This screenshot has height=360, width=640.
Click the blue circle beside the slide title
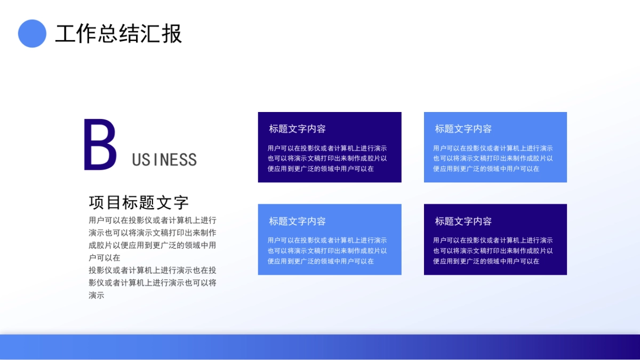click(32, 34)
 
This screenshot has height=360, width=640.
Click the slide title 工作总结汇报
click(118, 34)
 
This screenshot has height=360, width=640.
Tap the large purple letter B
click(100, 145)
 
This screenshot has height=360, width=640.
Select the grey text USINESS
click(164, 159)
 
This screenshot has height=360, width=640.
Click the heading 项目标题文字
click(139, 203)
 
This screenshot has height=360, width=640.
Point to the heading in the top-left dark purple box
click(297, 129)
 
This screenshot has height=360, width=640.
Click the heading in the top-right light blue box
click(463, 129)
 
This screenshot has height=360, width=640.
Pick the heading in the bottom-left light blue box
click(297, 221)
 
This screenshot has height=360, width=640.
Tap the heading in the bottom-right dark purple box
click(463, 221)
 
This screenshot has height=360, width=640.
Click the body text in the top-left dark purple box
click(327, 158)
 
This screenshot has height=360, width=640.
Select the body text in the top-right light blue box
click(493, 158)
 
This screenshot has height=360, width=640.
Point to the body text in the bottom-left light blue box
click(327, 251)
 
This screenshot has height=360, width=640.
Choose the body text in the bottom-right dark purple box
click(493, 251)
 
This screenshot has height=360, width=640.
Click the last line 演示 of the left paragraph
click(96, 295)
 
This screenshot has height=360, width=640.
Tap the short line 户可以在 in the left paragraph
click(105, 258)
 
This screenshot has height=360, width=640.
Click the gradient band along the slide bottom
click(320, 347)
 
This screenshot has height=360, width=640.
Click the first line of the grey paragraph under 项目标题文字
click(152, 220)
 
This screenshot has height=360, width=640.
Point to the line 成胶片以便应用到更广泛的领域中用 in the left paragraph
click(152, 245)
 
